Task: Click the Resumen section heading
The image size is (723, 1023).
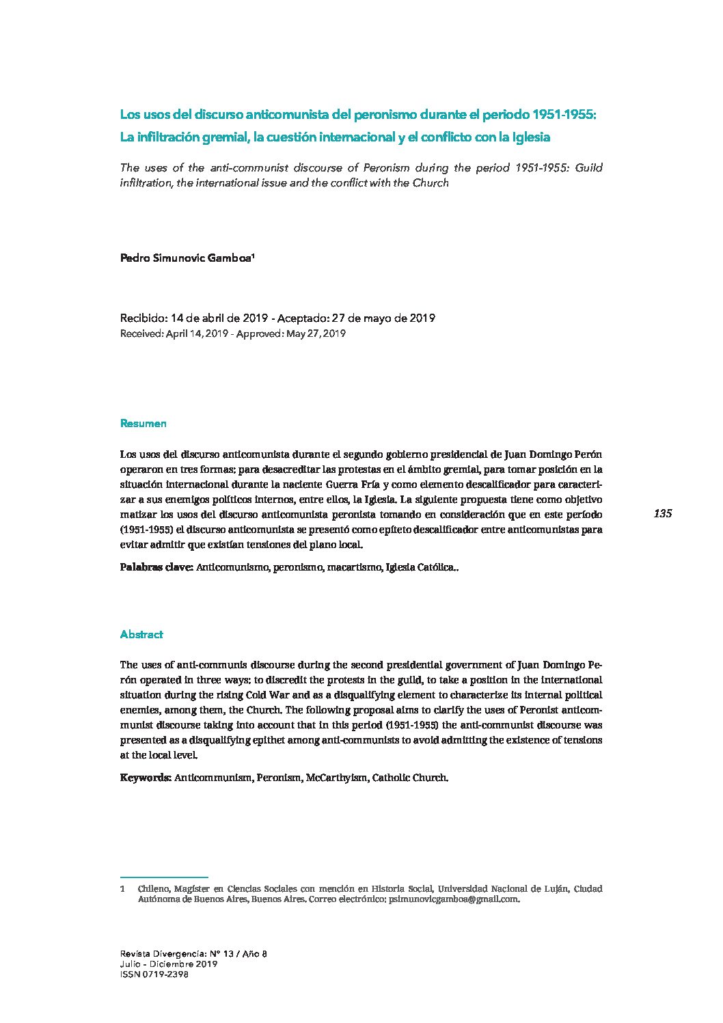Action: tap(143, 424)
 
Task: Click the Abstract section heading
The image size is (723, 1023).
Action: tap(141, 634)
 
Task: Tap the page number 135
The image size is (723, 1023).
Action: tap(663, 514)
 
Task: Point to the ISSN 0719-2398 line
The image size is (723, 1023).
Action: tap(154, 974)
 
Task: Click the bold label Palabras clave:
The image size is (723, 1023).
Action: tap(156, 567)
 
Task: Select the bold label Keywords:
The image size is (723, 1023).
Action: tap(146, 778)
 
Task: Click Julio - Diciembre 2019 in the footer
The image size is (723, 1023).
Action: tap(168, 964)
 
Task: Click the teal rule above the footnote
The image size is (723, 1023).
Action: tap(163, 877)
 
